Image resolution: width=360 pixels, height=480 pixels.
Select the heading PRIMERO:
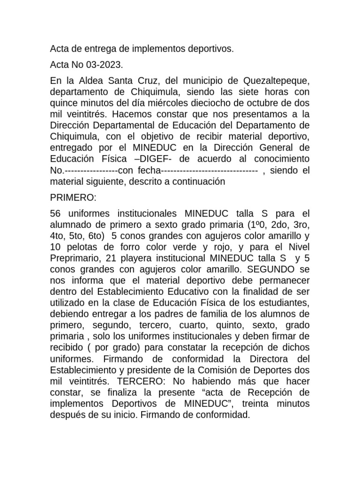coord(73,198)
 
